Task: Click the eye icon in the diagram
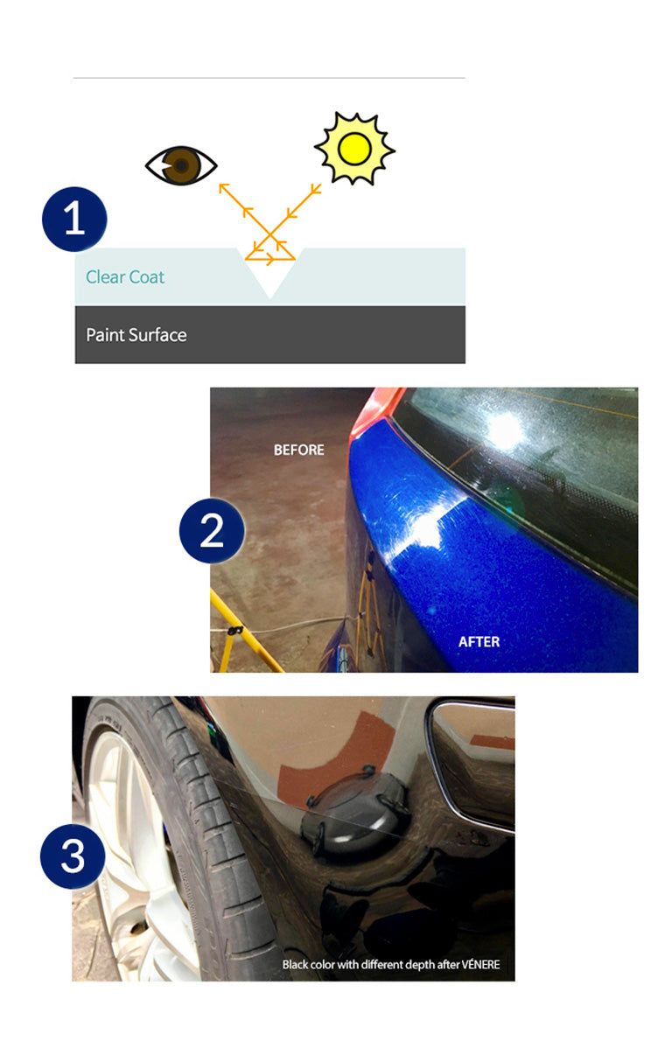click(x=181, y=165)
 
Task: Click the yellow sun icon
click(x=354, y=149)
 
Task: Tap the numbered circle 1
click(x=74, y=219)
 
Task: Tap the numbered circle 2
click(x=212, y=530)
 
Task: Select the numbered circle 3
click(x=73, y=856)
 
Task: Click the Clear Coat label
click(x=125, y=277)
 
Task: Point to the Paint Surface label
click(x=136, y=335)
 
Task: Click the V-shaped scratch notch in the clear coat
click(x=270, y=273)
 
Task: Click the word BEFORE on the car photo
click(x=298, y=450)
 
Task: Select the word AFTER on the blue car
click(x=479, y=642)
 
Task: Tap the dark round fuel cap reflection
click(x=355, y=811)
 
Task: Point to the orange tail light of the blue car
click(x=375, y=409)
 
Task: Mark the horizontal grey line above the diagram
click(x=269, y=77)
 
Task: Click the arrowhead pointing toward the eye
click(x=223, y=188)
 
